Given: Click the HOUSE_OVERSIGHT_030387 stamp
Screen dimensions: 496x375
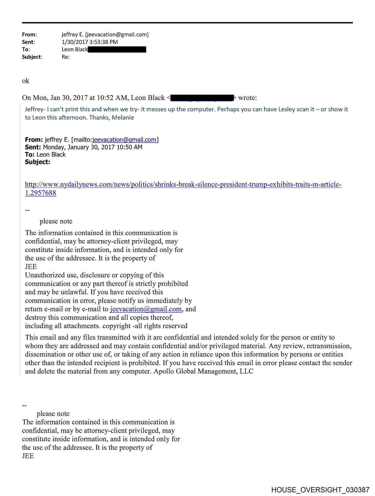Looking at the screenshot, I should (320, 490).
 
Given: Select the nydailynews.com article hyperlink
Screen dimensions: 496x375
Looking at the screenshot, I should (183, 184).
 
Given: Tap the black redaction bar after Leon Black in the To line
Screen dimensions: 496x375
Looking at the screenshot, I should (117, 49).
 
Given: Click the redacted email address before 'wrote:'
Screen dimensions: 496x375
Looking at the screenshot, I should (202, 98).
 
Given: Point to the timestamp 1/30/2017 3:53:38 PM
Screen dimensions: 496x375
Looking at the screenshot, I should (90, 42).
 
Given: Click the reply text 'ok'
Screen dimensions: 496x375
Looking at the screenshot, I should (26, 81).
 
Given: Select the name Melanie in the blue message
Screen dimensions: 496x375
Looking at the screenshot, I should (123, 118).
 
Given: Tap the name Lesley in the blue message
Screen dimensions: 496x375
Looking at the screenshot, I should (286, 109).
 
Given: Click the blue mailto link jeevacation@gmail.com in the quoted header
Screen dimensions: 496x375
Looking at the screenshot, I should (124, 140).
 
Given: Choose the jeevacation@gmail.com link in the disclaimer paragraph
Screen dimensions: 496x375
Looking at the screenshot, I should (146, 309).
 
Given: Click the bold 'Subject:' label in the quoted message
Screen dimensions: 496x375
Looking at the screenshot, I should (37, 162).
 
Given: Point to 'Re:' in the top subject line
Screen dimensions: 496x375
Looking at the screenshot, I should (66, 57).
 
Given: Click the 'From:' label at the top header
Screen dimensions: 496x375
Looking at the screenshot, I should (29, 34).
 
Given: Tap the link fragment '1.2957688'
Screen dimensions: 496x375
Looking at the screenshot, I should (41, 193).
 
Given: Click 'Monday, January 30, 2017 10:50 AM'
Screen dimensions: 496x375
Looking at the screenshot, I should (92, 147).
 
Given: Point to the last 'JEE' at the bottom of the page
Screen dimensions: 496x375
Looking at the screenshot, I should (28, 456).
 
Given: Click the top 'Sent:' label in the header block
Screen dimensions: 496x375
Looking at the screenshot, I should (28, 42).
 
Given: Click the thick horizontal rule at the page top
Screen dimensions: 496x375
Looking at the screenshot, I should (187, 23).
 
